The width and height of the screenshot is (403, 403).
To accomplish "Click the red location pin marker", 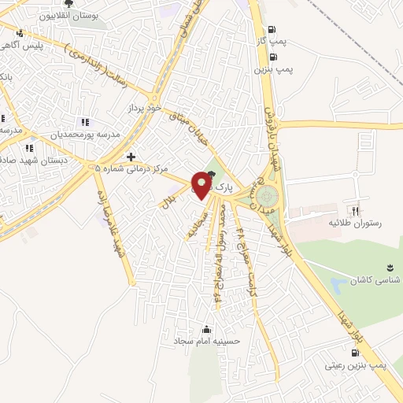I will (202, 186).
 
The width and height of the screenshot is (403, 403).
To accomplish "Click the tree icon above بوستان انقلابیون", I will (69, 4).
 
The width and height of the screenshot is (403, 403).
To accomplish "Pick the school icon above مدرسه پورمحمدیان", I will (85, 122).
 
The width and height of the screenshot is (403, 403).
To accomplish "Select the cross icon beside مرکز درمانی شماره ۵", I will (131, 157).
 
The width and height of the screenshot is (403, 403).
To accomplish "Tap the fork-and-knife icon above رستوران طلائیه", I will (355, 211).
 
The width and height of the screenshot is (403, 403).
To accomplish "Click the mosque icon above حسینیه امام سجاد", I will (207, 329).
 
